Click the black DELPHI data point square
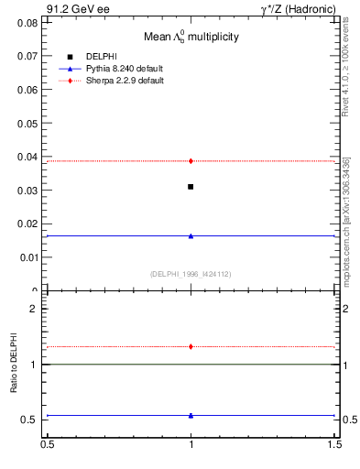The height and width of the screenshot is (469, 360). [x=191, y=187]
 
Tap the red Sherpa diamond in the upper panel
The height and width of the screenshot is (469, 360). [x=191, y=161]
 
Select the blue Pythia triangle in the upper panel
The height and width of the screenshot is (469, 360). [x=191, y=235]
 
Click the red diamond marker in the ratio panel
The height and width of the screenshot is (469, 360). [x=191, y=346]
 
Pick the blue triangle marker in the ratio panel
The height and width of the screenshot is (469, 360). [x=191, y=415]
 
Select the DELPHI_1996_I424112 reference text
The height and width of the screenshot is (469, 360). [x=191, y=274]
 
